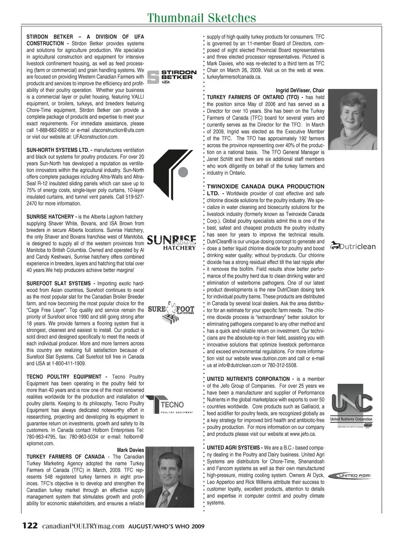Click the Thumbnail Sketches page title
point(202,18)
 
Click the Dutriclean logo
point(353,246)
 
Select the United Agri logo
point(350,475)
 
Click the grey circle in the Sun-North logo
point(183,172)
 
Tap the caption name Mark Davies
point(130,450)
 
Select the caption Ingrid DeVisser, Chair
point(300,90)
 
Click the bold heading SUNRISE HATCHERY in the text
point(51,217)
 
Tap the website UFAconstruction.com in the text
point(96,137)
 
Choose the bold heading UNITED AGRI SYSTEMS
point(233,448)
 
